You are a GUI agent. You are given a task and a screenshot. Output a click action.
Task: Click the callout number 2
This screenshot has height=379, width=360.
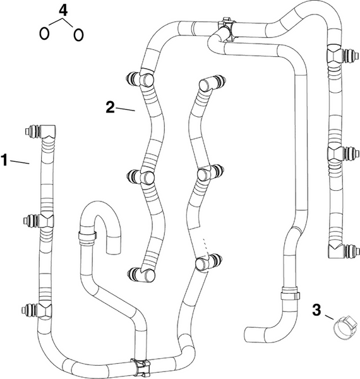click(110, 107)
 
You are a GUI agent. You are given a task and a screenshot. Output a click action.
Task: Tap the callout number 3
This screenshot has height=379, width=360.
click(318, 310)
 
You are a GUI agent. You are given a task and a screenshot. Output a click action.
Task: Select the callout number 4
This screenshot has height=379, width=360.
click(61, 10)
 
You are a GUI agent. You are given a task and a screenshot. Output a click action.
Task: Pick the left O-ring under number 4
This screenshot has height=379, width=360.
click(45, 33)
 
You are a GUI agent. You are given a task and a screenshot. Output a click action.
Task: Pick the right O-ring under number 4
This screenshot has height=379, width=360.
click(78, 34)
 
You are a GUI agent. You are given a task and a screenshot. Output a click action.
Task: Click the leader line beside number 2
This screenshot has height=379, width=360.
click(126, 110)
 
